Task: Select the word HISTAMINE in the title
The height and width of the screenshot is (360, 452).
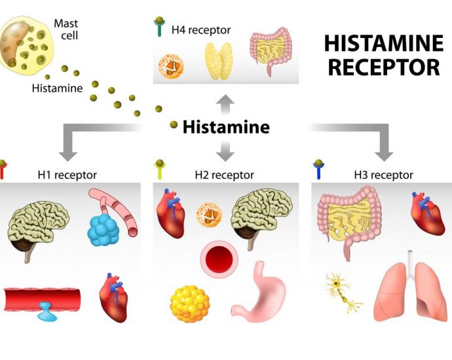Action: (383, 44)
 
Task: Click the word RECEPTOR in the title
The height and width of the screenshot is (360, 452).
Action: (383, 67)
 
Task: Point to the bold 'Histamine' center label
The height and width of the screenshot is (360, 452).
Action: (226, 126)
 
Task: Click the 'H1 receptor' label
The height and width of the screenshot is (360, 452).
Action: (67, 175)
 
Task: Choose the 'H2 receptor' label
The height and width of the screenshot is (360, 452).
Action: (225, 175)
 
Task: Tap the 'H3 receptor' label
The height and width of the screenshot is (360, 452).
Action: (383, 175)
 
